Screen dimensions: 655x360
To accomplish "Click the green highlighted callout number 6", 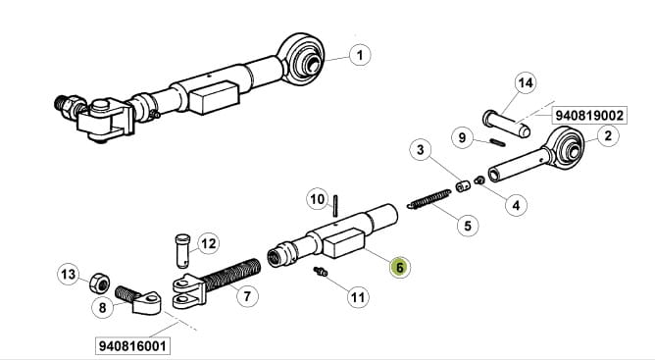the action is (x=399, y=267).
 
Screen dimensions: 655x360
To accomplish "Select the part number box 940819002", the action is (x=589, y=115).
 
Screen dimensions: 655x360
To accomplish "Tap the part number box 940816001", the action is (x=132, y=346).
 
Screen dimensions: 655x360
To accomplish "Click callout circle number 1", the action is (x=360, y=55).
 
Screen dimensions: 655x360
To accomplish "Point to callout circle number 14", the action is (x=526, y=83).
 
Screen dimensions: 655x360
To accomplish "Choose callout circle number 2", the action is (x=607, y=135).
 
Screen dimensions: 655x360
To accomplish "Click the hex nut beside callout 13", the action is (x=99, y=283).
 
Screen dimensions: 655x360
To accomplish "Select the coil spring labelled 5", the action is (x=429, y=199).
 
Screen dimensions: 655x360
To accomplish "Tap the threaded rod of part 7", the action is (x=232, y=275).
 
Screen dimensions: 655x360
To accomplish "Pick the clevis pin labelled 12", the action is (x=182, y=250).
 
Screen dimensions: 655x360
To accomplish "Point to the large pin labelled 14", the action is (x=507, y=124).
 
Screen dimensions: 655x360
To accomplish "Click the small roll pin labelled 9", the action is (x=497, y=142).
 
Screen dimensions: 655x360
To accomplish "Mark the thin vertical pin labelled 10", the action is (x=335, y=205).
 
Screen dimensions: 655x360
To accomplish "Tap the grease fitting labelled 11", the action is (x=321, y=272).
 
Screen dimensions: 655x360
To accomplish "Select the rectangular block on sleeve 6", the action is (x=344, y=243).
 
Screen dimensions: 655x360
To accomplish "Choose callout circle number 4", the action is (x=516, y=205).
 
